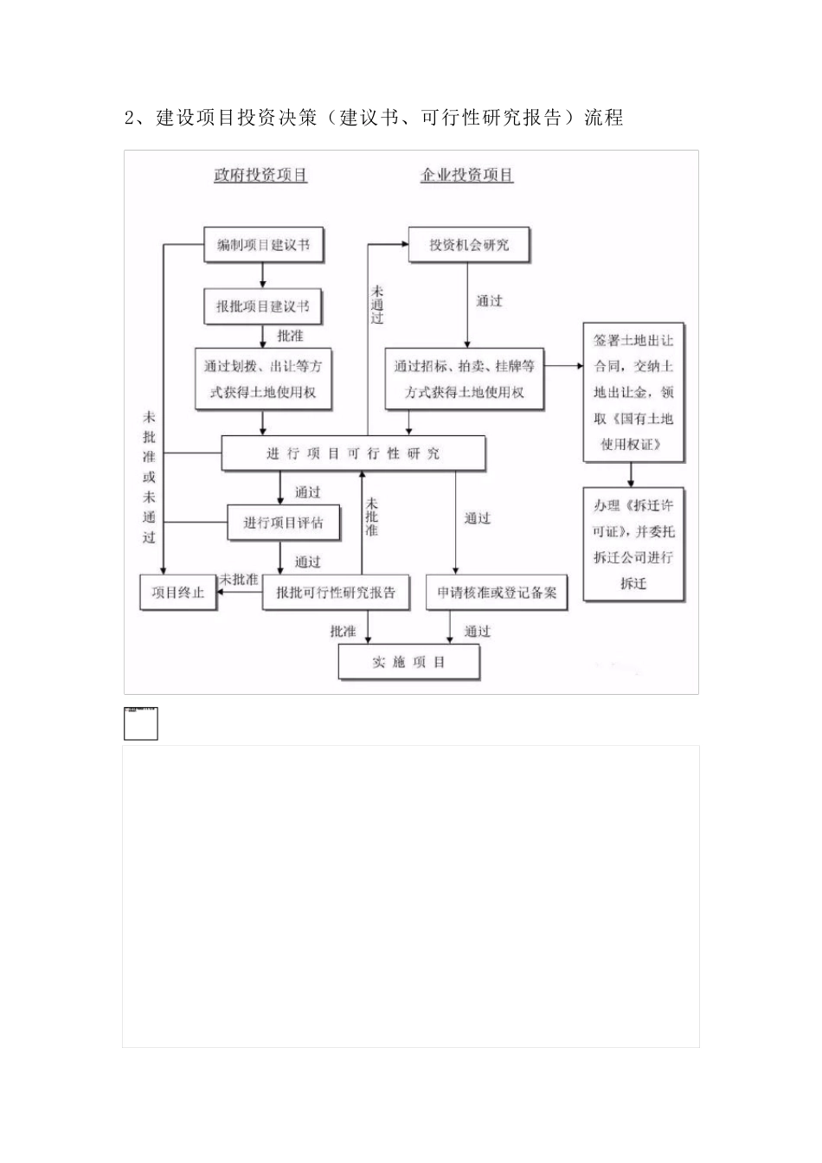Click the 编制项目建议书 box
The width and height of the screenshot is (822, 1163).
[x=262, y=245]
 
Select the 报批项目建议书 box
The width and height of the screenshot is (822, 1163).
[x=262, y=306]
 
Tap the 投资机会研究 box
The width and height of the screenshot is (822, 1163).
[x=468, y=245]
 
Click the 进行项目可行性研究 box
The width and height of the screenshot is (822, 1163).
[x=353, y=453]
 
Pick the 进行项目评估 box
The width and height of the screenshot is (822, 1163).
[x=282, y=523]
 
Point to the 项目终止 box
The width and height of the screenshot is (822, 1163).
[x=177, y=593]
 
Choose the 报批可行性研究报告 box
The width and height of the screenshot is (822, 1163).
[x=335, y=593]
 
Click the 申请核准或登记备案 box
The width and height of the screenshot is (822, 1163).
[x=497, y=593]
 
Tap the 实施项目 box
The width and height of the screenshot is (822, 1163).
[x=408, y=663]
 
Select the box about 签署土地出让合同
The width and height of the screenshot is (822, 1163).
[x=633, y=393]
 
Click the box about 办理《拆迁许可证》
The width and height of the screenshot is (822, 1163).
[x=633, y=544]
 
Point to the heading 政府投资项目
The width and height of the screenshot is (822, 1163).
[x=260, y=175]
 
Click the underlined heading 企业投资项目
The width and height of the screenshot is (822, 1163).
[x=466, y=175]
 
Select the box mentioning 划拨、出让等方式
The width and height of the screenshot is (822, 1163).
[x=262, y=379]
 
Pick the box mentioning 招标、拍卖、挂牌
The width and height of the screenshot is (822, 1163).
[x=465, y=379]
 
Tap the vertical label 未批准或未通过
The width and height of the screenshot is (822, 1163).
[x=149, y=477]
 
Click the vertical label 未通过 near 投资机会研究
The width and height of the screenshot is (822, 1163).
[x=377, y=305]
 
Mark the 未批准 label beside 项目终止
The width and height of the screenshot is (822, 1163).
[x=239, y=579]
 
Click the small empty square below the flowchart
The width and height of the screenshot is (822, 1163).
[x=141, y=723]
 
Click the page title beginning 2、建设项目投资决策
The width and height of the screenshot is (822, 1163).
[x=373, y=118]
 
